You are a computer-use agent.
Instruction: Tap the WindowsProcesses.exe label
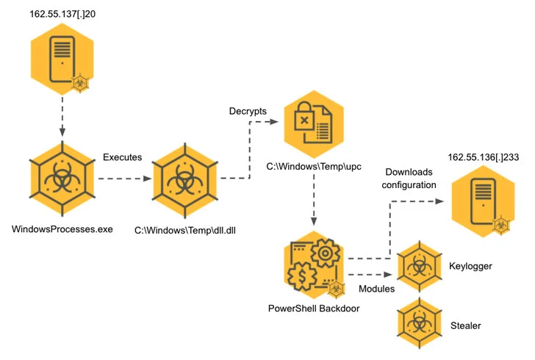click(x=62, y=229)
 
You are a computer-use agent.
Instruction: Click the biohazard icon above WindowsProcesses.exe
click(x=62, y=179)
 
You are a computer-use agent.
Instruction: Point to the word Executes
click(x=123, y=157)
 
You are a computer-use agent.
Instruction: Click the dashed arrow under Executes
click(x=123, y=178)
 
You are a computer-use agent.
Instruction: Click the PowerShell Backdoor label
click(x=314, y=308)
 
